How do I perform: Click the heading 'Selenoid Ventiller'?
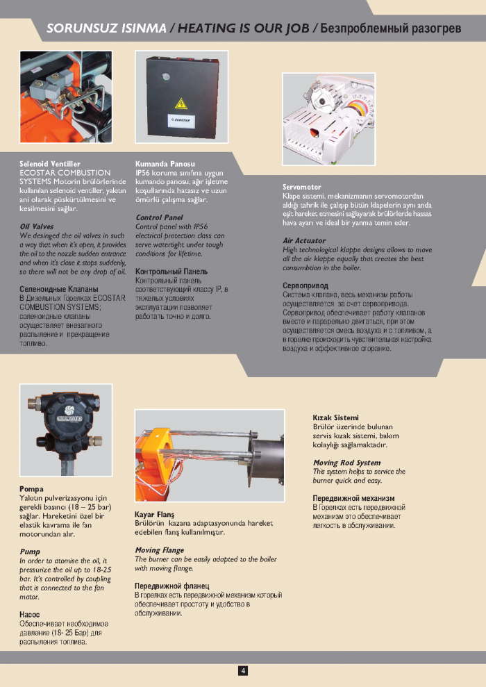pos(50,163)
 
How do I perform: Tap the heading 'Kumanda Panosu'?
pos(165,163)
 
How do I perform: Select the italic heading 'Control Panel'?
pos(159,217)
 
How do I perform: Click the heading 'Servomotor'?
pos(301,187)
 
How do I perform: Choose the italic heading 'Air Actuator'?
pos(304,240)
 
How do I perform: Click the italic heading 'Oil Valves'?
pos(36,226)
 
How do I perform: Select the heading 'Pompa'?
pos(31,489)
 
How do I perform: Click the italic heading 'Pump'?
pos(30,552)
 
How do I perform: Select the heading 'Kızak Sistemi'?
pos(335,417)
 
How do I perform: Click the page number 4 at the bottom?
pos(243,670)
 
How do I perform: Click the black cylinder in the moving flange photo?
pos(267,463)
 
